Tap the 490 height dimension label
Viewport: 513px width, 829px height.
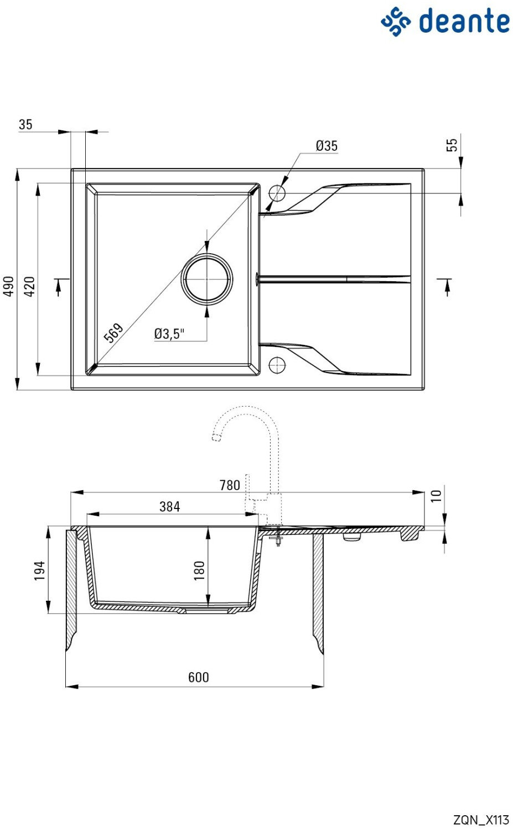pos(8,286)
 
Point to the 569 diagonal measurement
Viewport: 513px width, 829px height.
pos(113,333)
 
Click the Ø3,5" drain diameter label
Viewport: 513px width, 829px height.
pos(169,333)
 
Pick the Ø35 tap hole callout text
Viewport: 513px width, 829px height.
pos(327,145)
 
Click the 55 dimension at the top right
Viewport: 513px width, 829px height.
pos(452,145)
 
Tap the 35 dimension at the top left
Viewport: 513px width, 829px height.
pos(25,124)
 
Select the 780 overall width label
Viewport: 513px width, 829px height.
pos(230,485)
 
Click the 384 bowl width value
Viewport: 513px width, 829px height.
pos(170,506)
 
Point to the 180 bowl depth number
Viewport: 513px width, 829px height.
pos(199,570)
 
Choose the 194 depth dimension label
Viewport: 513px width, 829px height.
pos(39,570)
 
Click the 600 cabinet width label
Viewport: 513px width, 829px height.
pos(199,677)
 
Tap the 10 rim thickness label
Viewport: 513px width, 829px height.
pos(436,496)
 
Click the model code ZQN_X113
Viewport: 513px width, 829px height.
pos(481,820)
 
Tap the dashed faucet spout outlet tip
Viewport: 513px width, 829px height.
pos(216,438)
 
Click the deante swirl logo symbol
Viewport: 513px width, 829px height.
pos(396,21)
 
